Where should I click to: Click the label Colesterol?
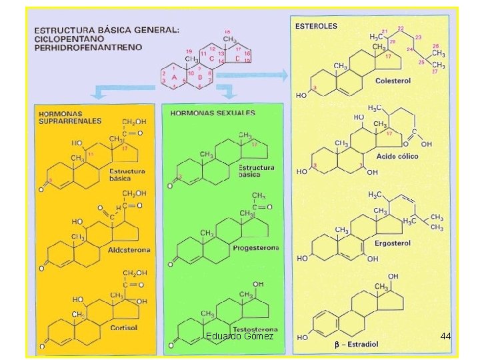(x=394, y=81)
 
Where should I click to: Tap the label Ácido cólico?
(x=397, y=155)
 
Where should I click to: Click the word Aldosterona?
(x=129, y=250)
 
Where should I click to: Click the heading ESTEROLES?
(x=316, y=26)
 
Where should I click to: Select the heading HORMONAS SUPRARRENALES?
(x=69, y=117)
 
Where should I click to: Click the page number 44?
(x=446, y=336)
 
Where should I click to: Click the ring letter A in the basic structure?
(x=174, y=77)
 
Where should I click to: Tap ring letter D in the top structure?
(x=237, y=59)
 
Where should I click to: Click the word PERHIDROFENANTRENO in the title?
(x=87, y=47)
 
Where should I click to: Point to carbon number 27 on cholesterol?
(x=434, y=71)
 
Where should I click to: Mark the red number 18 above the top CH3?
(x=228, y=31)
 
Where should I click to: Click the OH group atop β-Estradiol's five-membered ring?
(x=394, y=276)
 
